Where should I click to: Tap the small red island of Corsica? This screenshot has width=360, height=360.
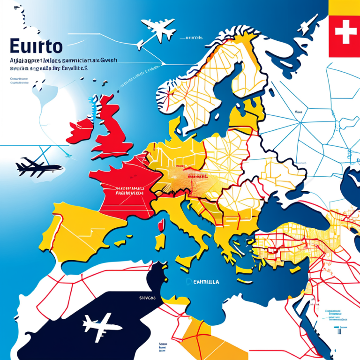point(161,226)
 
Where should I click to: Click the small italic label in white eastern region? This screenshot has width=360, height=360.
point(299,112)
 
